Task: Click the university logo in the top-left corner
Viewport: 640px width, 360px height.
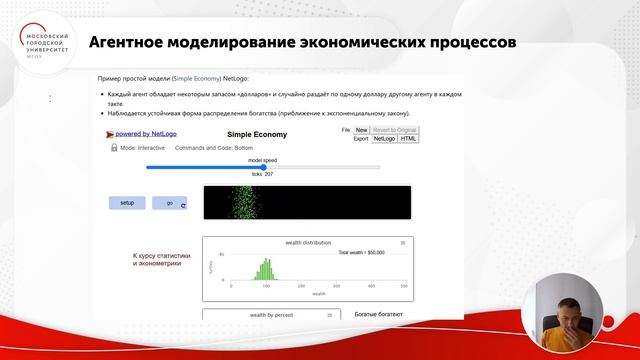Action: [44, 41]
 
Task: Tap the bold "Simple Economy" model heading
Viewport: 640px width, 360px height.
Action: [257, 133]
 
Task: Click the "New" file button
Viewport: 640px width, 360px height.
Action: [361, 130]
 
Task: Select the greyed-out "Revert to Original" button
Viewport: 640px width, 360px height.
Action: [395, 130]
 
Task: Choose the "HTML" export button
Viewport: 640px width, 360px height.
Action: [408, 139]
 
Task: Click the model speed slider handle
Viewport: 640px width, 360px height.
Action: [263, 167]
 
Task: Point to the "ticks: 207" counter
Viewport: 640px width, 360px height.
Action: [263, 174]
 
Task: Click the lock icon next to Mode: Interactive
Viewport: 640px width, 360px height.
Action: [114, 147]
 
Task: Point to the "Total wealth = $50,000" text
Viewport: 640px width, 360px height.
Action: [361, 253]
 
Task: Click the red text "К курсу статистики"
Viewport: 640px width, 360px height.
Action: [161, 256]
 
